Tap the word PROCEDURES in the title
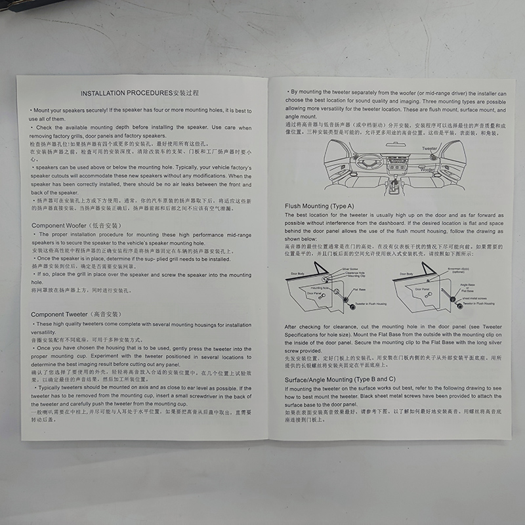[x=150, y=94]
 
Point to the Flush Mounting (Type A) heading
[x=319, y=206]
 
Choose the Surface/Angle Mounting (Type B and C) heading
[x=340, y=379]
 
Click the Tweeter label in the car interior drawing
[x=430, y=149]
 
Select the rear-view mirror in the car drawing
[x=395, y=144]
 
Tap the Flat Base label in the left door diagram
[x=358, y=289]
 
